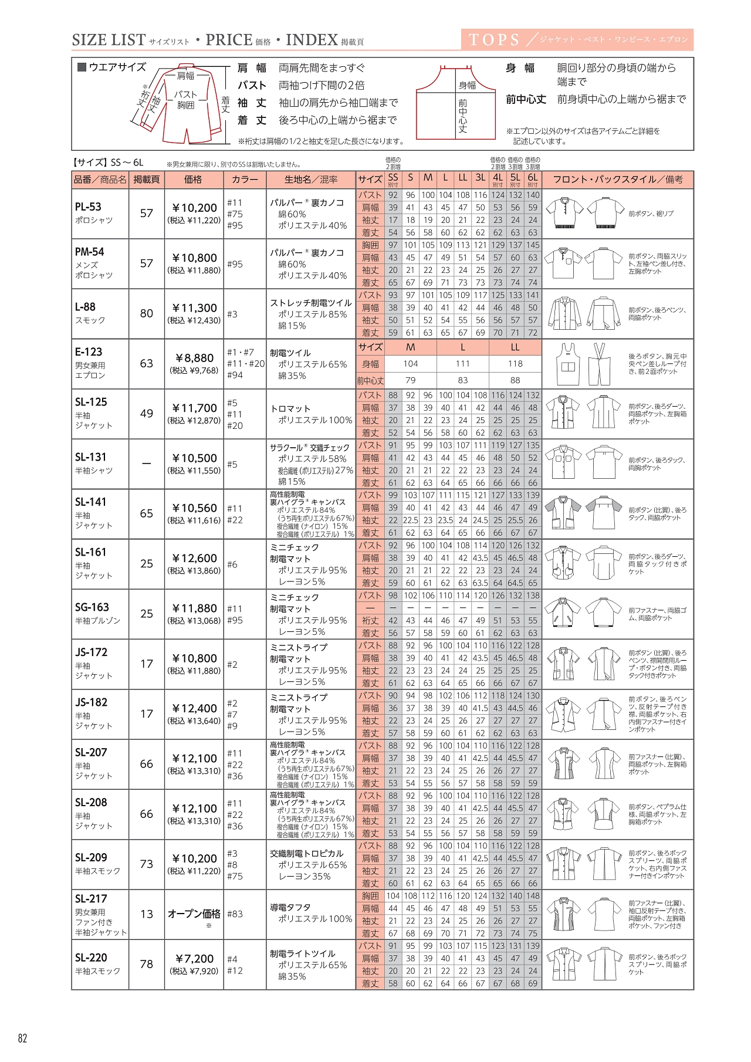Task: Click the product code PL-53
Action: [x=88, y=207]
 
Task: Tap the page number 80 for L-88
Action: [x=147, y=313]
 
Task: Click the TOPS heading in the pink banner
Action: [x=494, y=40]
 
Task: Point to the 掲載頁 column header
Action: [x=147, y=180]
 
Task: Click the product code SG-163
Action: [x=92, y=607]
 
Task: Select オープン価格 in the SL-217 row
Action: [x=194, y=914]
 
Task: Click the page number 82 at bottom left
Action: [x=22, y=1038]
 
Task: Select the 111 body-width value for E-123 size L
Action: [x=462, y=364]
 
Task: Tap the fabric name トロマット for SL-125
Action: [x=290, y=408]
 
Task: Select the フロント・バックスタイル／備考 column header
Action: [x=617, y=180]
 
